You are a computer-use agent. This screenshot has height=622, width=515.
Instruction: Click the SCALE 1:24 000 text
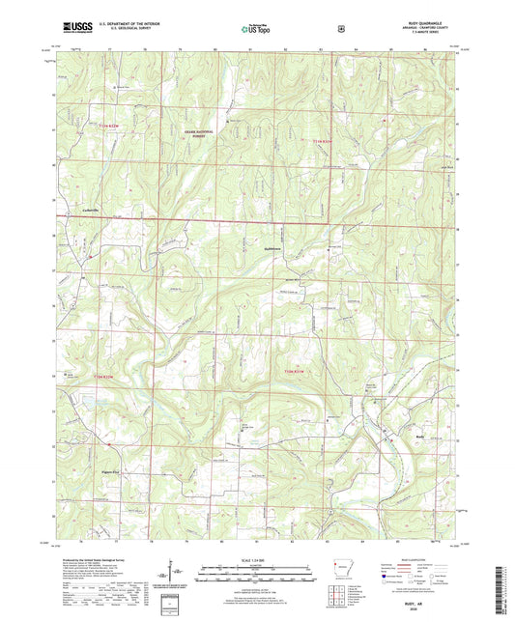pos(257,560)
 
